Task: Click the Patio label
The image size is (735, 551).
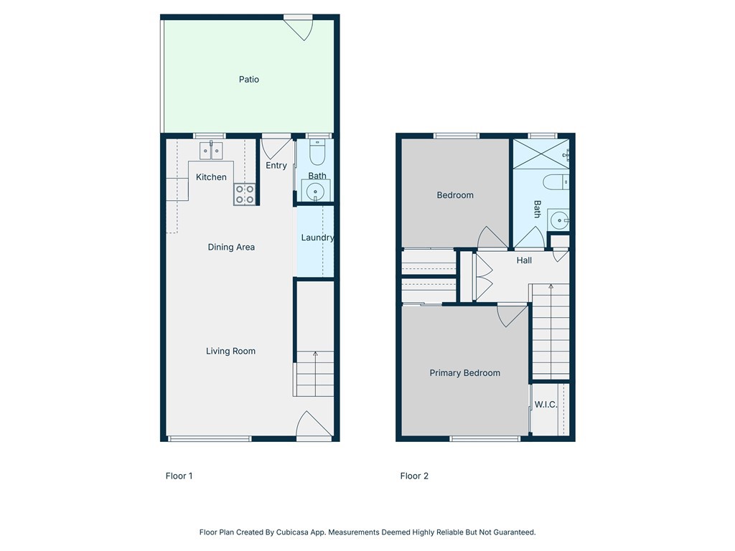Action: pos(249,80)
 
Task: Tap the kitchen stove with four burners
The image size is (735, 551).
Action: pos(245,194)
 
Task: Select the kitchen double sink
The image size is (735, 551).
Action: pos(211,151)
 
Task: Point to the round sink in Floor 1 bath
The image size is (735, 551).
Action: pos(315,191)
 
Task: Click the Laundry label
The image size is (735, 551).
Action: pos(317,238)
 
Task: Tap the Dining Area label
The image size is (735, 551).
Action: pos(231,248)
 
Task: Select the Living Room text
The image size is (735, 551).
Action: pos(230,352)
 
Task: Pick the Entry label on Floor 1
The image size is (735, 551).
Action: pos(276,166)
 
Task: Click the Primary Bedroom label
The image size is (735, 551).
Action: pos(464,373)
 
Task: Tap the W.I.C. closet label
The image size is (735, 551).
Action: pos(546,405)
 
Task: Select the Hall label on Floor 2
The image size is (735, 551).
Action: pos(525,260)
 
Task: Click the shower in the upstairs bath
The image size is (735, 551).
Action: pos(540,154)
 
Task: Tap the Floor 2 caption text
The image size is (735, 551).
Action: pos(414,476)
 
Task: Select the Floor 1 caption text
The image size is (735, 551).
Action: pos(179,476)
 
